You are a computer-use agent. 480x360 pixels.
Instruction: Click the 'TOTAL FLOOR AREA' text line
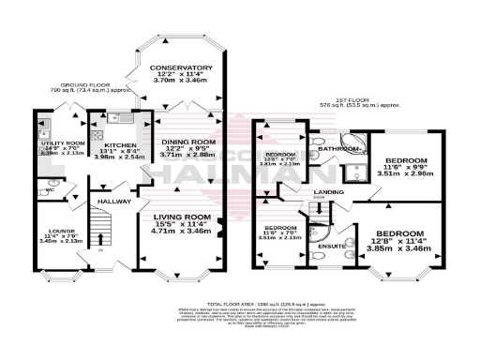pyautogui.click(x=272, y=306)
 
